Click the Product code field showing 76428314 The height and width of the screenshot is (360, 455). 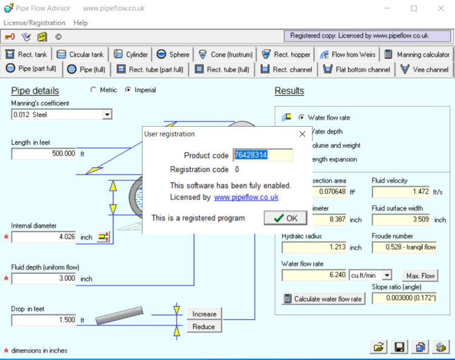[262, 155]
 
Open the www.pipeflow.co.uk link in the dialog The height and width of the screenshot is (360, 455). [246, 198]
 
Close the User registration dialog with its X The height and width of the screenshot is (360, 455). [302, 134]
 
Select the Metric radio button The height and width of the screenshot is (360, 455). [93, 90]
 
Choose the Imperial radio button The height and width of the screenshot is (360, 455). [128, 90]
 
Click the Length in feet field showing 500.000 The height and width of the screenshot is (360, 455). [44, 154]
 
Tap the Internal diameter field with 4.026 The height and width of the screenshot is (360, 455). [44, 237]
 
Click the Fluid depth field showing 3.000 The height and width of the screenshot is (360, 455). [44, 278]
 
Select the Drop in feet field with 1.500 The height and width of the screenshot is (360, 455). [44, 319]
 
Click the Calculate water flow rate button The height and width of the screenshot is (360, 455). [323, 299]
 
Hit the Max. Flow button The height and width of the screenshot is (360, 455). [420, 276]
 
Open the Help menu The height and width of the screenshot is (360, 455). [81, 22]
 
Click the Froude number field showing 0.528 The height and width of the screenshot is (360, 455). [404, 247]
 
